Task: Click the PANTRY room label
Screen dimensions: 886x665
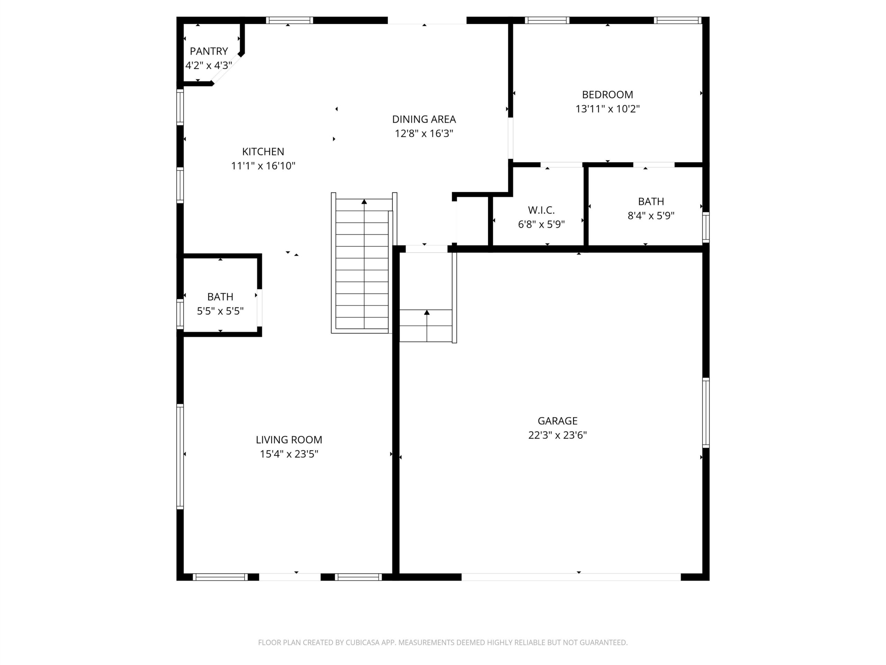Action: tap(209, 51)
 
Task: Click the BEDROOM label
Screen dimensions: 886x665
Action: tap(607, 95)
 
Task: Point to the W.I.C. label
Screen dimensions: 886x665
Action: tap(541, 210)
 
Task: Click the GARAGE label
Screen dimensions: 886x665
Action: tap(557, 421)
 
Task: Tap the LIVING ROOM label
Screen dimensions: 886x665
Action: tap(289, 440)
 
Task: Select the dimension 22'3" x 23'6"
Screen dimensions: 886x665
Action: tap(557, 435)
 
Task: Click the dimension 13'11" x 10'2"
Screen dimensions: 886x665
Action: tap(607, 109)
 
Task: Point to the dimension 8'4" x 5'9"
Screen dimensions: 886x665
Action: tap(651, 216)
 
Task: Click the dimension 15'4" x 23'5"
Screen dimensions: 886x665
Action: tap(289, 454)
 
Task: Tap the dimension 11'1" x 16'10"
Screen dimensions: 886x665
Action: tap(263, 166)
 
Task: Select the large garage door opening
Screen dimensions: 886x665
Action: tap(571, 577)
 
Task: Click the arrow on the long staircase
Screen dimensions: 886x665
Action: tap(364, 264)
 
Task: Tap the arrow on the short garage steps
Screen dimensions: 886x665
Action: tap(427, 326)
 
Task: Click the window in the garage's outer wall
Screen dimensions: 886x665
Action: tap(706, 413)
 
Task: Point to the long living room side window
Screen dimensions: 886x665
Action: tap(180, 456)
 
